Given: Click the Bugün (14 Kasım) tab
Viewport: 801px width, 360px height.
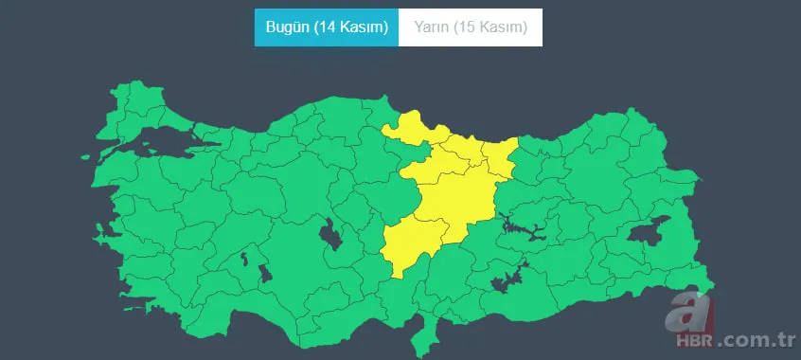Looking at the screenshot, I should [327, 27].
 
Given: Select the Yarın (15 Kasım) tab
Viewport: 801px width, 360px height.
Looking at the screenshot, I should [471, 27].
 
